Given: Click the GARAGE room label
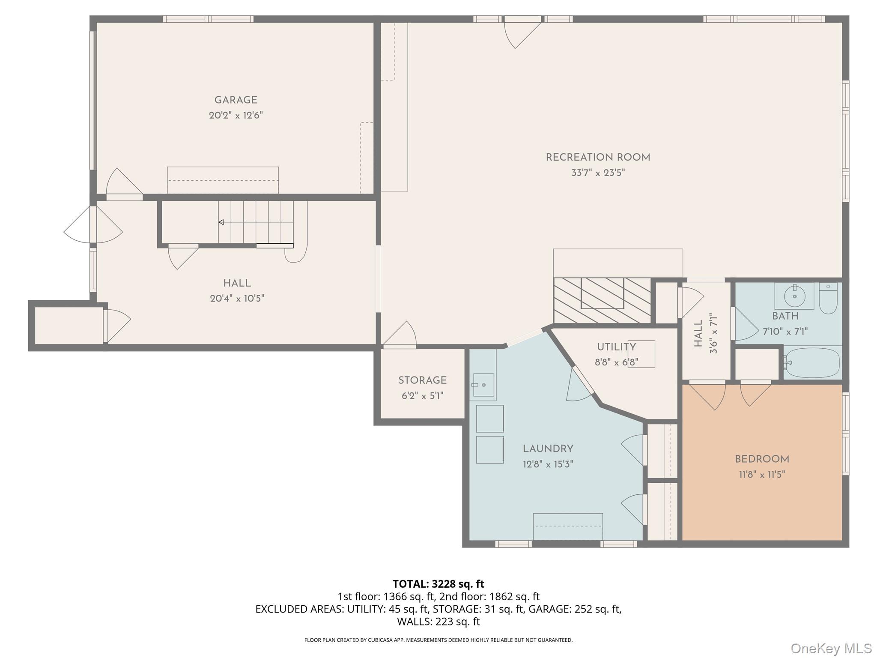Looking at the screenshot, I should click(236, 100).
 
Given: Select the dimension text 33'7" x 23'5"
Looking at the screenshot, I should click(598, 173).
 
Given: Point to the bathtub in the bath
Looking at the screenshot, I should click(811, 362).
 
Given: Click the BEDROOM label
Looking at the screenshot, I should click(762, 460).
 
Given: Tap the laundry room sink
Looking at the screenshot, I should click(483, 385).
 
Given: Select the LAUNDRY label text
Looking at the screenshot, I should click(548, 449).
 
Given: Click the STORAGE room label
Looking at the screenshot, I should click(422, 380).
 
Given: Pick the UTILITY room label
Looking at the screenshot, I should click(616, 347).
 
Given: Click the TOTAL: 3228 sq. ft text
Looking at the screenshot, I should click(438, 584).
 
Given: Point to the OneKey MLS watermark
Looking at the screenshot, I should click(831, 648).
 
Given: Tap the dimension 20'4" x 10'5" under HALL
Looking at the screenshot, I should click(237, 299).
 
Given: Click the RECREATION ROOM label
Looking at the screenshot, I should click(598, 158).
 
